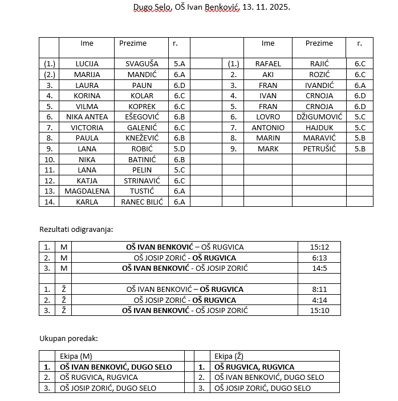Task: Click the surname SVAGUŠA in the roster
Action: pos(142,64)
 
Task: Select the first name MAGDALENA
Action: pos(87,191)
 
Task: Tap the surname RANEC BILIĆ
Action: pos(142,202)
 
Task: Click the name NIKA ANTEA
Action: pos(87,117)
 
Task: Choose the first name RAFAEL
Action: pos(268,64)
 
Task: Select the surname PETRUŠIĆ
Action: pos(319,149)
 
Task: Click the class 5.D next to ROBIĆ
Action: pos(179,149)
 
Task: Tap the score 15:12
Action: pos(319,247)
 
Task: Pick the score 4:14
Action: pos(319,300)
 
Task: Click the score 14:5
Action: pos(319,268)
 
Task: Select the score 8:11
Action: pos(319,290)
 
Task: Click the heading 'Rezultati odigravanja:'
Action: pos(76,229)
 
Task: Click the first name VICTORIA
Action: pos(87,127)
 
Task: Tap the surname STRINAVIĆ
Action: pos(142,181)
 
